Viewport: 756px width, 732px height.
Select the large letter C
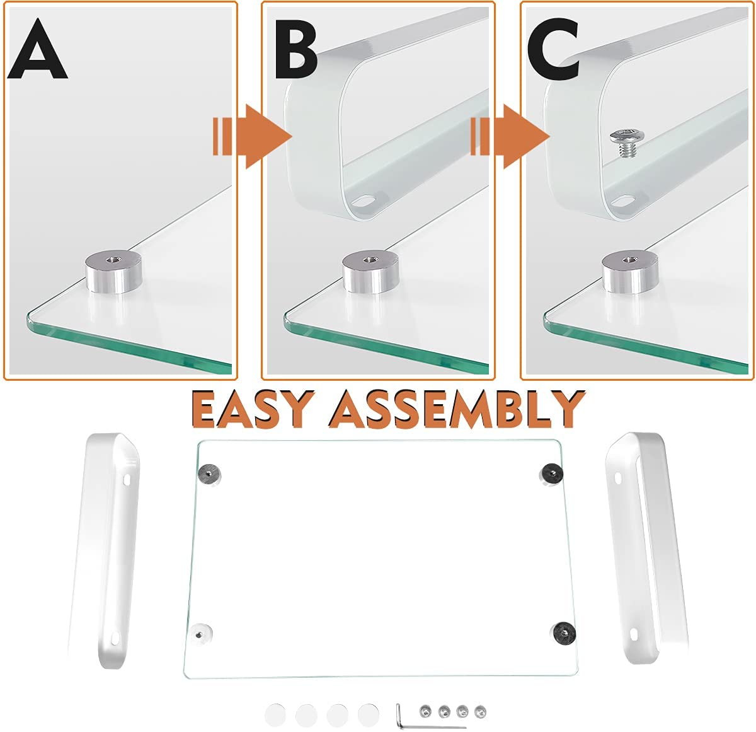553,50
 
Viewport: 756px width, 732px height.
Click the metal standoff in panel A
113,271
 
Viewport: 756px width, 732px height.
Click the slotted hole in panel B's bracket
364,202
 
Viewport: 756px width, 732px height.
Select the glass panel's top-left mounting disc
208,474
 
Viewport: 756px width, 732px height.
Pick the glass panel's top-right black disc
551,472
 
